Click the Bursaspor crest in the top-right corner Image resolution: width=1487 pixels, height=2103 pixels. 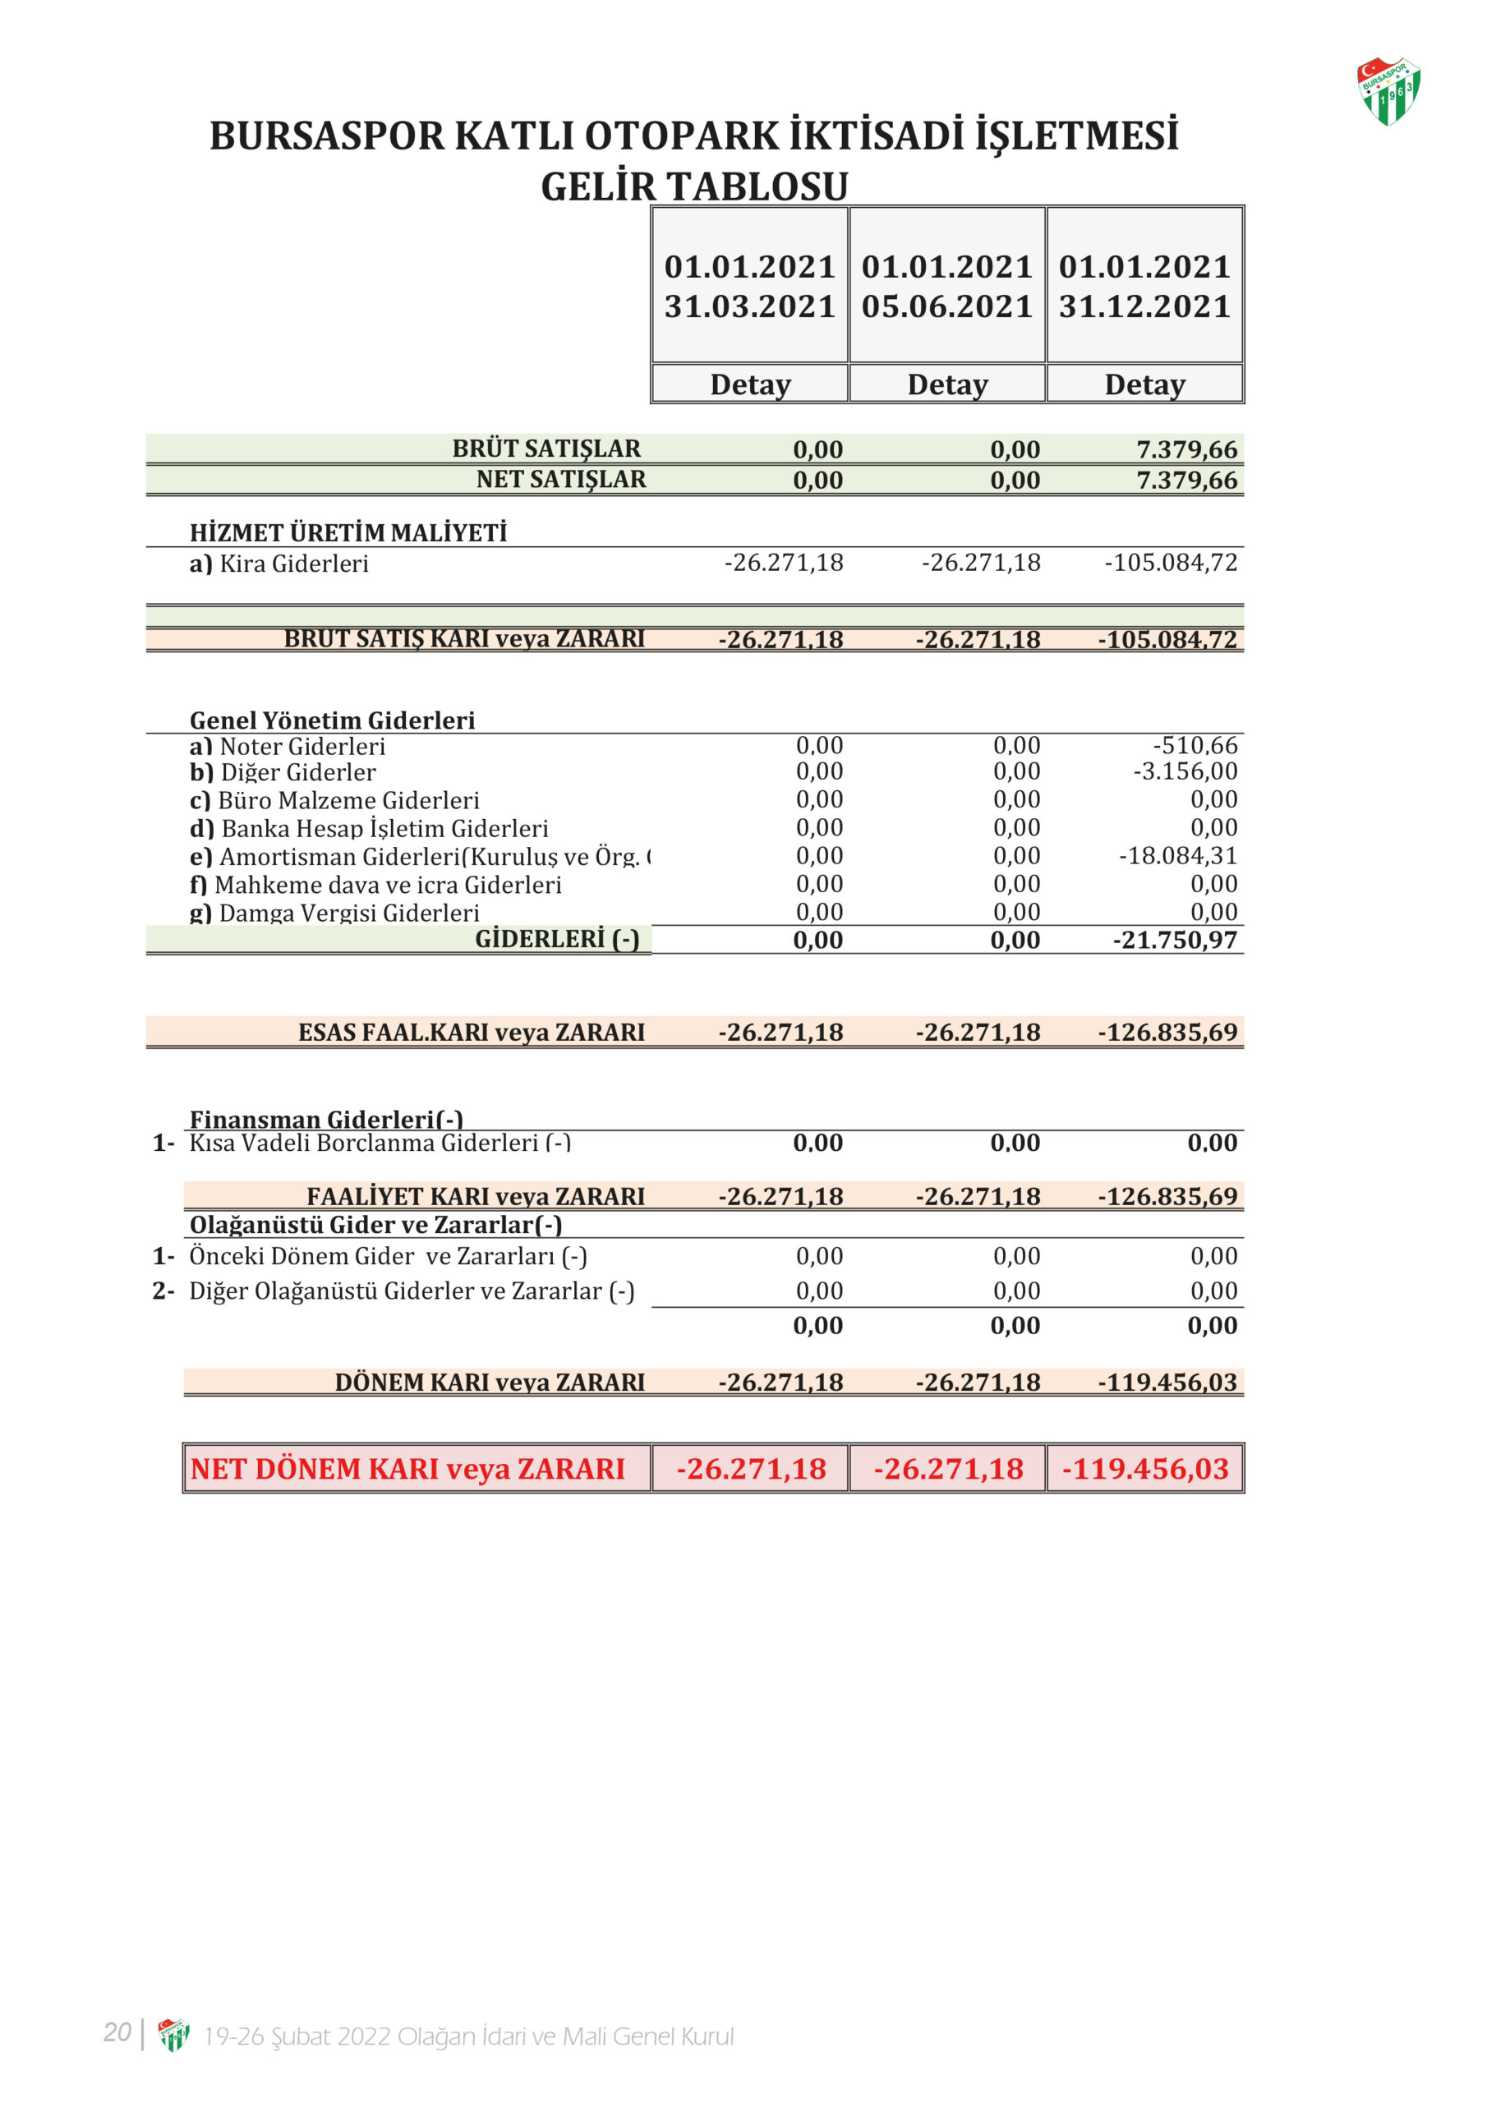point(1388,90)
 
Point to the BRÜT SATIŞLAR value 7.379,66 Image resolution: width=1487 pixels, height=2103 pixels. point(1186,449)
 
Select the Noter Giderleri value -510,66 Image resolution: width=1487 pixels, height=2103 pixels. point(1195,746)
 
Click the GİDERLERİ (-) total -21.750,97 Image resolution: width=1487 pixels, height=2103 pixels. point(1175,940)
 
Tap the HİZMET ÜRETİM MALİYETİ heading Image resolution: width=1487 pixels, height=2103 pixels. point(348,532)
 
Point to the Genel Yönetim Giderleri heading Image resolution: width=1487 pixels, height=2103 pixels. point(332,720)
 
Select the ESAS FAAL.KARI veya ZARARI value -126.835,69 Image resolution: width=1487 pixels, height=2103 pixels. point(1167,1033)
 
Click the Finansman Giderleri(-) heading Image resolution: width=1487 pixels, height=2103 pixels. point(326,1120)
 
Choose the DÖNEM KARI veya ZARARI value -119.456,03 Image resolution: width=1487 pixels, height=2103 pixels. point(1167,1383)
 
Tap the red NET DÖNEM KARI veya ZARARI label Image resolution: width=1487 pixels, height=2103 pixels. point(407,1469)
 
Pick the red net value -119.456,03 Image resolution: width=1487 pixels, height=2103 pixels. point(1145,1469)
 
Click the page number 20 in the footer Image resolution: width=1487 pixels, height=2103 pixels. point(117,2032)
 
